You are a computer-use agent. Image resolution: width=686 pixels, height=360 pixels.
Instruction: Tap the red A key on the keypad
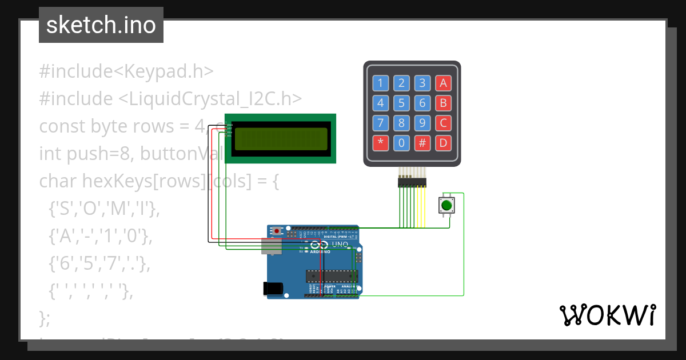pos(442,83)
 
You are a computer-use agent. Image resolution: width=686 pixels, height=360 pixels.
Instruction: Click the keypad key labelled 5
pos(401,103)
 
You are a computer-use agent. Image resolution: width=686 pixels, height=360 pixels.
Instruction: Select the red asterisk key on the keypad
pos(380,143)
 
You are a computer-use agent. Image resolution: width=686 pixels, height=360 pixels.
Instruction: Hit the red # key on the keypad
pos(422,143)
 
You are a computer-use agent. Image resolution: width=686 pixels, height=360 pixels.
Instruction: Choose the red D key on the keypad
pos(442,143)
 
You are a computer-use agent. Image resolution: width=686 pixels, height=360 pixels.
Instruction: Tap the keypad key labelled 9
pos(422,123)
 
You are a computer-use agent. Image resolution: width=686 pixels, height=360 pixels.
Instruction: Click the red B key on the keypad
pos(442,103)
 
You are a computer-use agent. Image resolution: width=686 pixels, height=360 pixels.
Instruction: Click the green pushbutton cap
pos(447,205)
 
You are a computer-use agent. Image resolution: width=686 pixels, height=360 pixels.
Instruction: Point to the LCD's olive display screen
pos(281,138)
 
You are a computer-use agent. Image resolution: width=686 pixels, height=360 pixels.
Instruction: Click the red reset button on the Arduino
pos(277,231)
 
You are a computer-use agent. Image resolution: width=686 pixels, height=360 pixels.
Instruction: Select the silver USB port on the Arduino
pos(272,246)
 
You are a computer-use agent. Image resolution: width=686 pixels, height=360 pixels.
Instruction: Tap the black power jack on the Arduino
pos(274,289)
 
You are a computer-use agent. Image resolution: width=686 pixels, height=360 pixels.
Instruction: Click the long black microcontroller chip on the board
pos(332,276)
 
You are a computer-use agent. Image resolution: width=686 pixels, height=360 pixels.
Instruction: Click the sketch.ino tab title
pos(101,25)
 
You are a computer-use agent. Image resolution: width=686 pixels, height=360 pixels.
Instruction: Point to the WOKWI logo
pos(607,315)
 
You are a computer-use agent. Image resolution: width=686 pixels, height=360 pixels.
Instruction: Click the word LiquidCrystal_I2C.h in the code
pos(210,98)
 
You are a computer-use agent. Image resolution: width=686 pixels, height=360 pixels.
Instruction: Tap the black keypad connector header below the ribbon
pos(412,182)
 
